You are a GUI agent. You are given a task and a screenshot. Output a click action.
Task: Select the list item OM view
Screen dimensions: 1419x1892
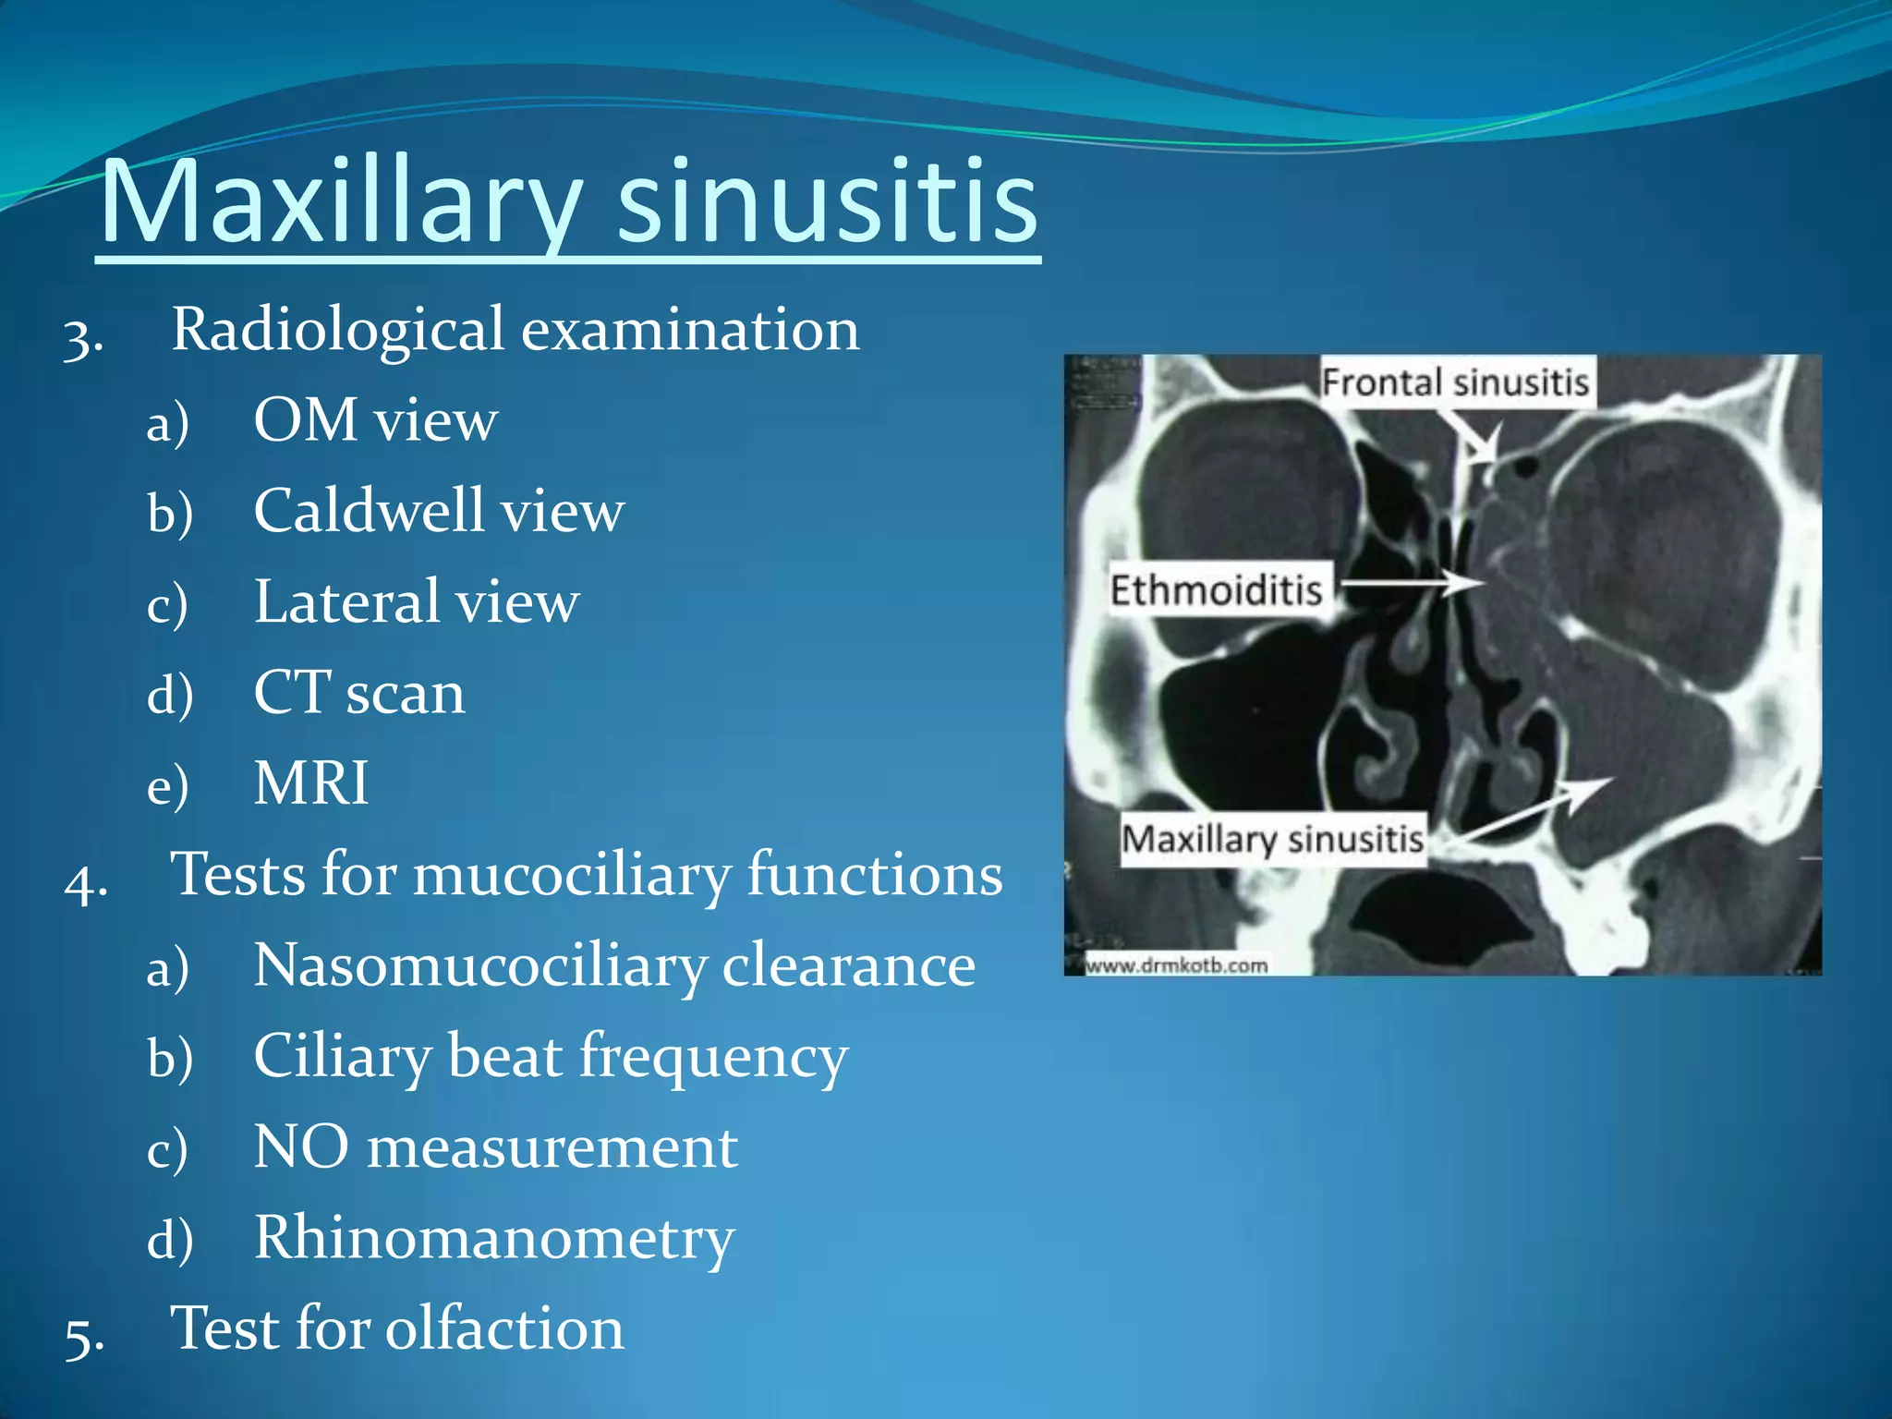[375, 420]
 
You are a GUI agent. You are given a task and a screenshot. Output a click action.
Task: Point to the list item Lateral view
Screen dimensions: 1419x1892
[416, 602]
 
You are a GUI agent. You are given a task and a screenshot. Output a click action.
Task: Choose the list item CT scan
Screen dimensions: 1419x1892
[358, 693]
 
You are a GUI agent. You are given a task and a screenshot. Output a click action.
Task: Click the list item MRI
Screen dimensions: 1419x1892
[311, 783]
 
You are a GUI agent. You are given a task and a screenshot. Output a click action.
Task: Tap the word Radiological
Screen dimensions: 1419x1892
[337, 330]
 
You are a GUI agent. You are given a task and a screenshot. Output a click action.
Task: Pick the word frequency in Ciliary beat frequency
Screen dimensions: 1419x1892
[712, 1057]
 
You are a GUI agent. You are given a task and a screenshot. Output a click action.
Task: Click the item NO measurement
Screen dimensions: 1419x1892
[495, 1148]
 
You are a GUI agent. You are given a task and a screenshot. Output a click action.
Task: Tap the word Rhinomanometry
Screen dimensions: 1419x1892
[494, 1239]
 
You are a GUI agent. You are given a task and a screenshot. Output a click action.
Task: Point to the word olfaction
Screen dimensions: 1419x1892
[504, 1329]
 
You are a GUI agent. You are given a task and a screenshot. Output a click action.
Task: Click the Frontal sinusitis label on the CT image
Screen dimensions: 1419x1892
[1454, 382]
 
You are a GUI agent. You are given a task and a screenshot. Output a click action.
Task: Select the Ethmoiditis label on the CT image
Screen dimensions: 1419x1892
[1216, 589]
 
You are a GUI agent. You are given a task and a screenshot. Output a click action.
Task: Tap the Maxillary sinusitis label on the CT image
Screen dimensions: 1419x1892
[1272, 839]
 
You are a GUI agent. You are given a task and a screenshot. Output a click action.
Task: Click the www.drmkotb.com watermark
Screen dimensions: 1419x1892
[1176, 965]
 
